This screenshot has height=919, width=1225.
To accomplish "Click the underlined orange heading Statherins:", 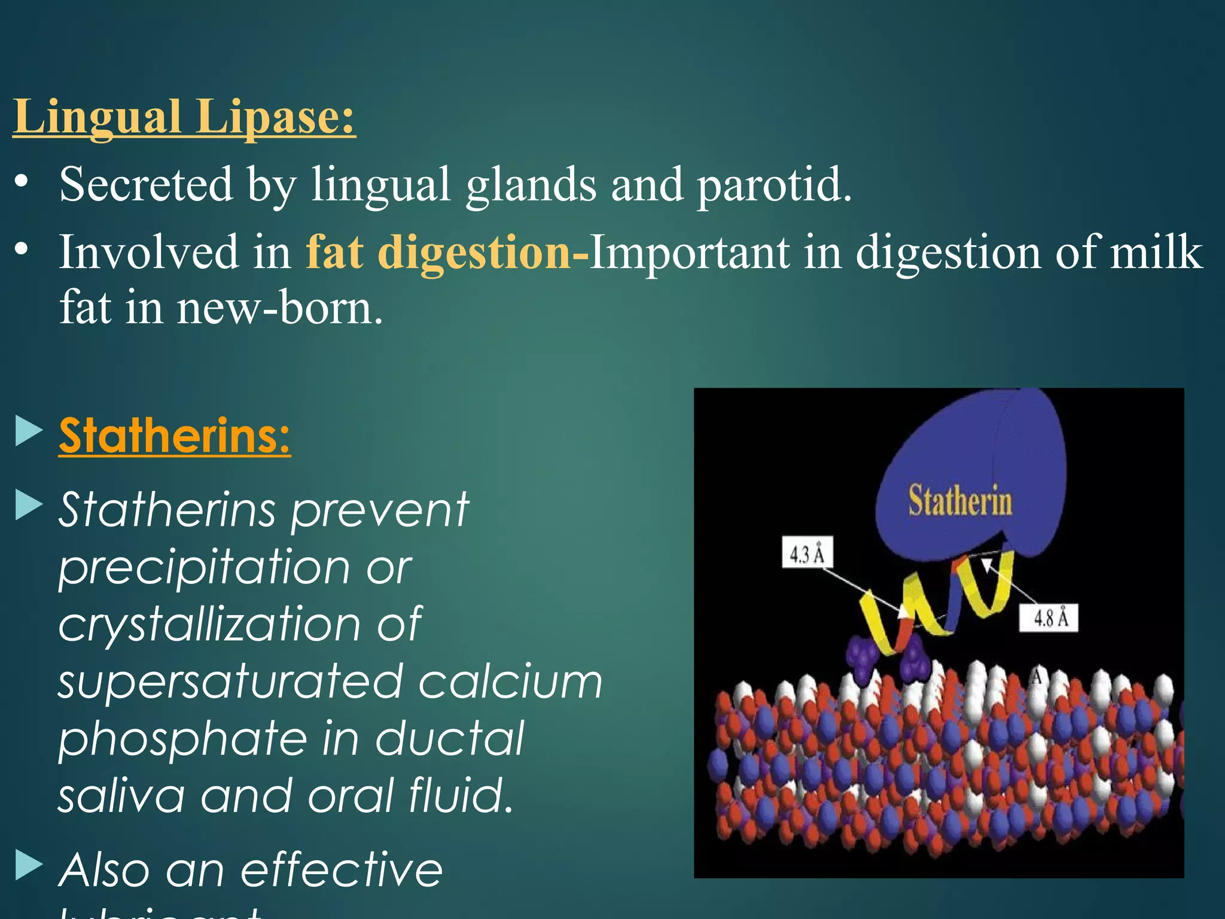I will pyautogui.click(x=175, y=436).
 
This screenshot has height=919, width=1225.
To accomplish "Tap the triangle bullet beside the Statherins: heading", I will pyautogui.click(x=28, y=431).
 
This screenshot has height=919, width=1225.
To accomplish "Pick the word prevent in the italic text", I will pyautogui.click(x=380, y=510).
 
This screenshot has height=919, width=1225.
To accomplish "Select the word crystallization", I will pyautogui.click(x=209, y=624).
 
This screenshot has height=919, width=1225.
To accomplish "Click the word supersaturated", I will pyautogui.click(x=230, y=681).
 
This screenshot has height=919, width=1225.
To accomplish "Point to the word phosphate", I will pyautogui.click(x=182, y=738).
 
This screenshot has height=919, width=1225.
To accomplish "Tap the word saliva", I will pyautogui.click(x=121, y=796).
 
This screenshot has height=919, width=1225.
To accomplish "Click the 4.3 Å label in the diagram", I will pyautogui.click(x=807, y=553).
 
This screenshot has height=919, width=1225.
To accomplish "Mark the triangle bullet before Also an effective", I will pyautogui.click(x=28, y=865).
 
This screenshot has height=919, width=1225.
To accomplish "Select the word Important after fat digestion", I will pyautogui.click(x=689, y=252).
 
